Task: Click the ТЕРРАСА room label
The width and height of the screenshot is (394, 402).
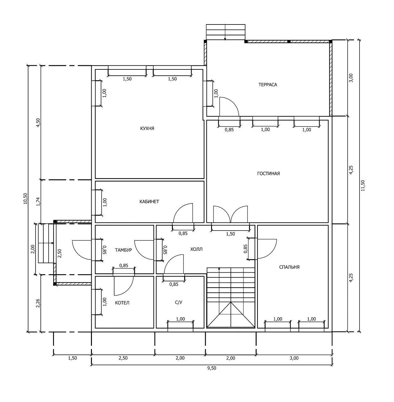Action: (x=268, y=85)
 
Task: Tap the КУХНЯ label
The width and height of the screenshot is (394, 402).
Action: (x=147, y=128)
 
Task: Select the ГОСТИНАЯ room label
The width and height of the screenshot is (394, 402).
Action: (x=268, y=173)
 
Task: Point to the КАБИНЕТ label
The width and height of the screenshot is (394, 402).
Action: (x=149, y=202)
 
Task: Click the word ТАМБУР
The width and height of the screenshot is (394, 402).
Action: (x=123, y=250)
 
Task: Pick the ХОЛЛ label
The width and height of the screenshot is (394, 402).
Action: (x=196, y=249)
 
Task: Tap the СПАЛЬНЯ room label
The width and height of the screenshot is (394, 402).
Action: (x=289, y=267)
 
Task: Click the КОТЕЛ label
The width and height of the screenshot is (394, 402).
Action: (x=122, y=303)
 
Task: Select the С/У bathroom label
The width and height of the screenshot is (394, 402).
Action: (x=179, y=302)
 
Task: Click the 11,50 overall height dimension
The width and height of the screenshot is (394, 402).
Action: (x=363, y=186)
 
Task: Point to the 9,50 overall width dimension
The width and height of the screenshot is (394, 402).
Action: (x=212, y=368)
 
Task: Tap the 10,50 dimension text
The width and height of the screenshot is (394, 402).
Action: (x=25, y=198)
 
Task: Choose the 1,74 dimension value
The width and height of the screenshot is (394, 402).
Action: (x=38, y=202)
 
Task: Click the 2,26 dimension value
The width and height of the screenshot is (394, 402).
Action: (x=38, y=303)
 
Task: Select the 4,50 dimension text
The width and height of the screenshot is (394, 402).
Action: (x=38, y=123)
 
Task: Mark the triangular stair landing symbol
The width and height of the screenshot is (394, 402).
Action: (x=231, y=315)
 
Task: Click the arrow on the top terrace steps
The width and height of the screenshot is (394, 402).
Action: (x=225, y=32)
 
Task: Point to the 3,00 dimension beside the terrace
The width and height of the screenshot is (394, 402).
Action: (x=351, y=78)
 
